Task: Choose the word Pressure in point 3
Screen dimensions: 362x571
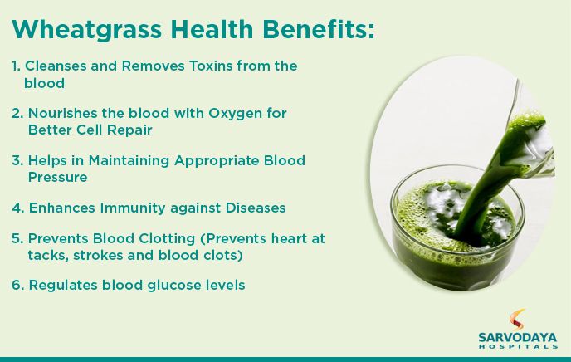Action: click(x=58, y=177)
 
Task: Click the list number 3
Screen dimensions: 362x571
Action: click(x=17, y=160)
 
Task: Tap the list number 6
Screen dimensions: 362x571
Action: click(x=17, y=285)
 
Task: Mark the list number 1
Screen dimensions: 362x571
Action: click(x=16, y=66)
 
